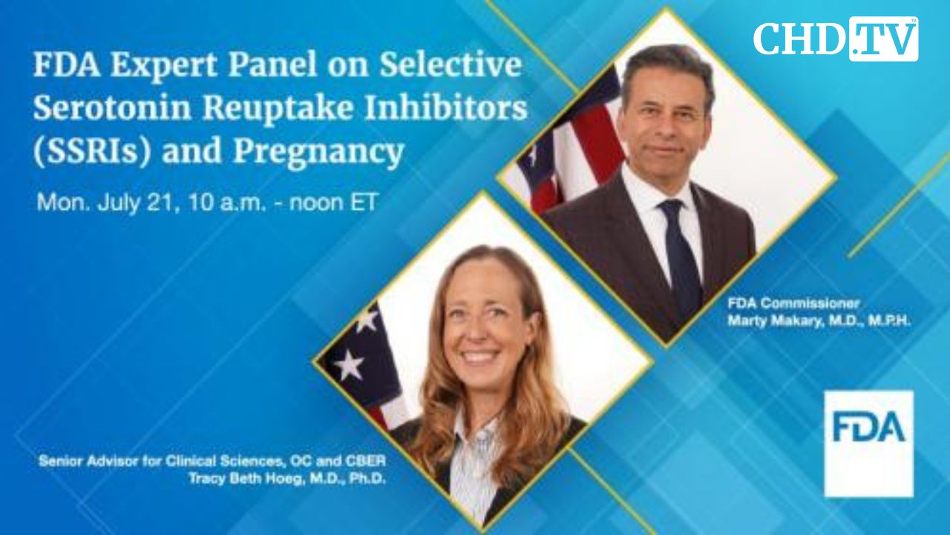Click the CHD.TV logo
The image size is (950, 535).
[x=836, y=39]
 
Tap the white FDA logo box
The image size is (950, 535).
[x=868, y=443]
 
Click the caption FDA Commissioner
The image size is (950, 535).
[x=793, y=303]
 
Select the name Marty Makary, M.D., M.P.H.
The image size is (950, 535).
[x=819, y=321]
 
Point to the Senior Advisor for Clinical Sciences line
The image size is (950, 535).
[x=212, y=461]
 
